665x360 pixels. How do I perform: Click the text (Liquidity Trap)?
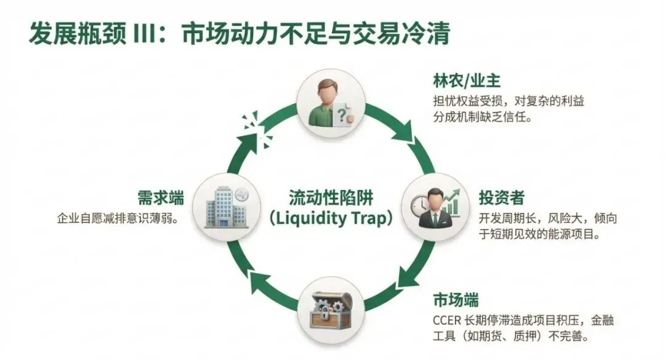(332, 218)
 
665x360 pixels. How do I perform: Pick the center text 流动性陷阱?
(332, 198)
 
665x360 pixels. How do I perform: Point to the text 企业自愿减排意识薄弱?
(114, 218)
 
